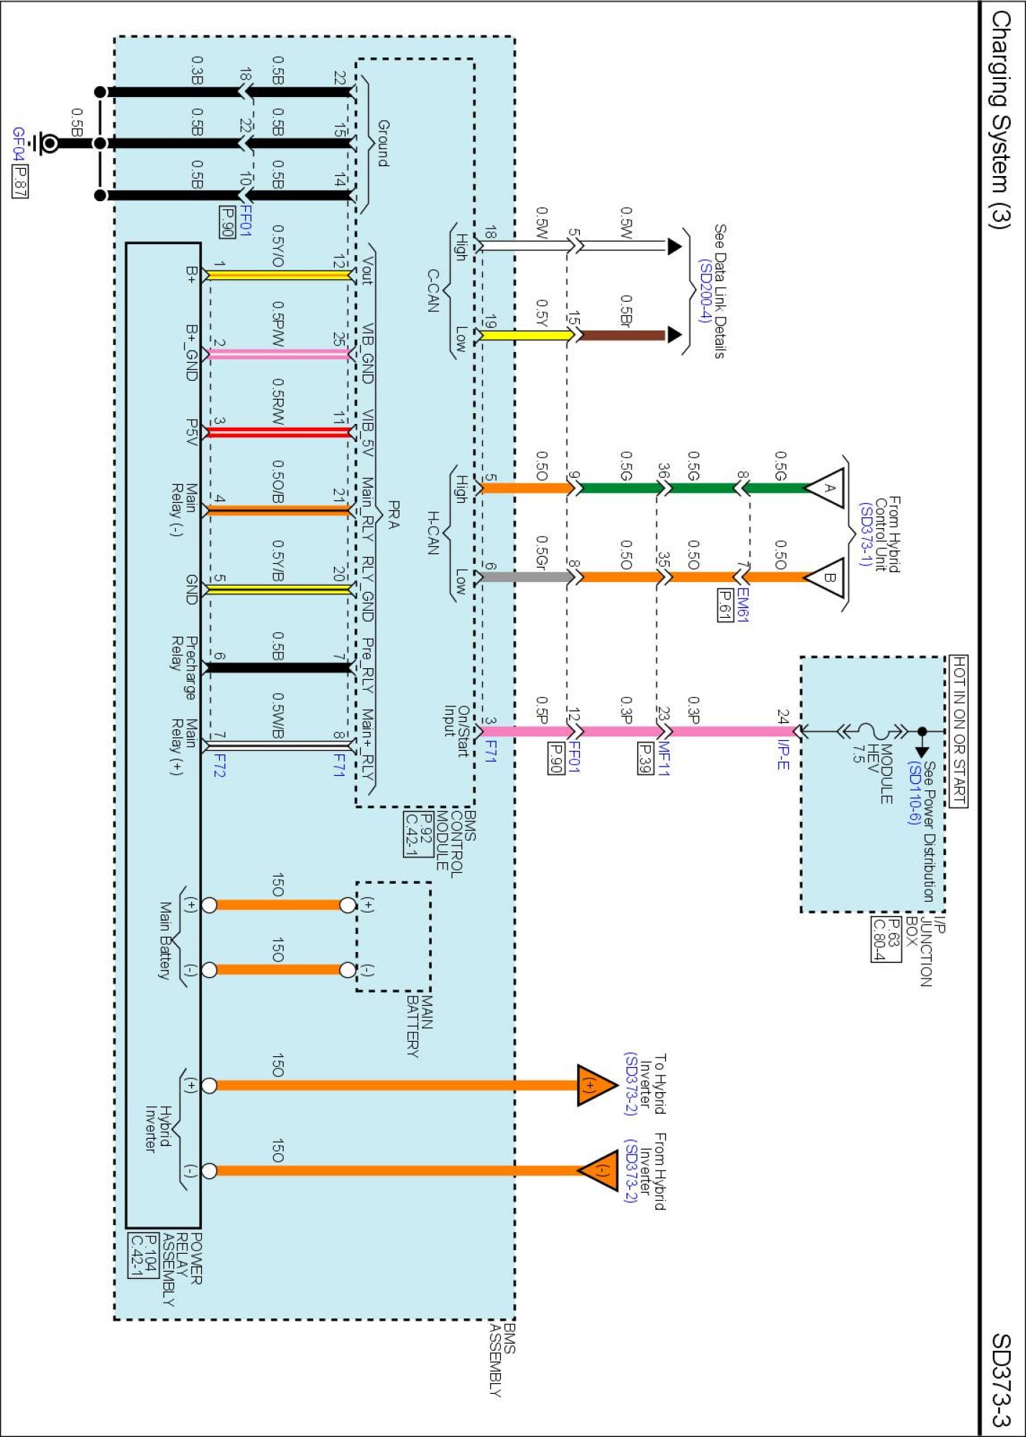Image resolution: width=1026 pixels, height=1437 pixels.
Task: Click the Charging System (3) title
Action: click(1000, 119)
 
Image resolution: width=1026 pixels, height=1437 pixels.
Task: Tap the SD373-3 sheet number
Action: click(1002, 1380)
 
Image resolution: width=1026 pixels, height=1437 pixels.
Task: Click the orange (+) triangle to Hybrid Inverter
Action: click(595, 1085)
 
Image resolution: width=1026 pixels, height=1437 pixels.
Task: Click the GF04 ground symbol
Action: click(47, 144)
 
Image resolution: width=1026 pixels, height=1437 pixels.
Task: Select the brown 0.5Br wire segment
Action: click(622, 335)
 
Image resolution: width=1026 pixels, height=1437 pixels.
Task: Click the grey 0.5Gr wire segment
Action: click(524, 576)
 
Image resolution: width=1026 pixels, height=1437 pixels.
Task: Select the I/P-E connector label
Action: click(783, 754)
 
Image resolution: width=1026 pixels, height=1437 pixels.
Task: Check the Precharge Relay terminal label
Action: click(182, 667)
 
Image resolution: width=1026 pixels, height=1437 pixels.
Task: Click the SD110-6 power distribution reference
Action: click(912, 793)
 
